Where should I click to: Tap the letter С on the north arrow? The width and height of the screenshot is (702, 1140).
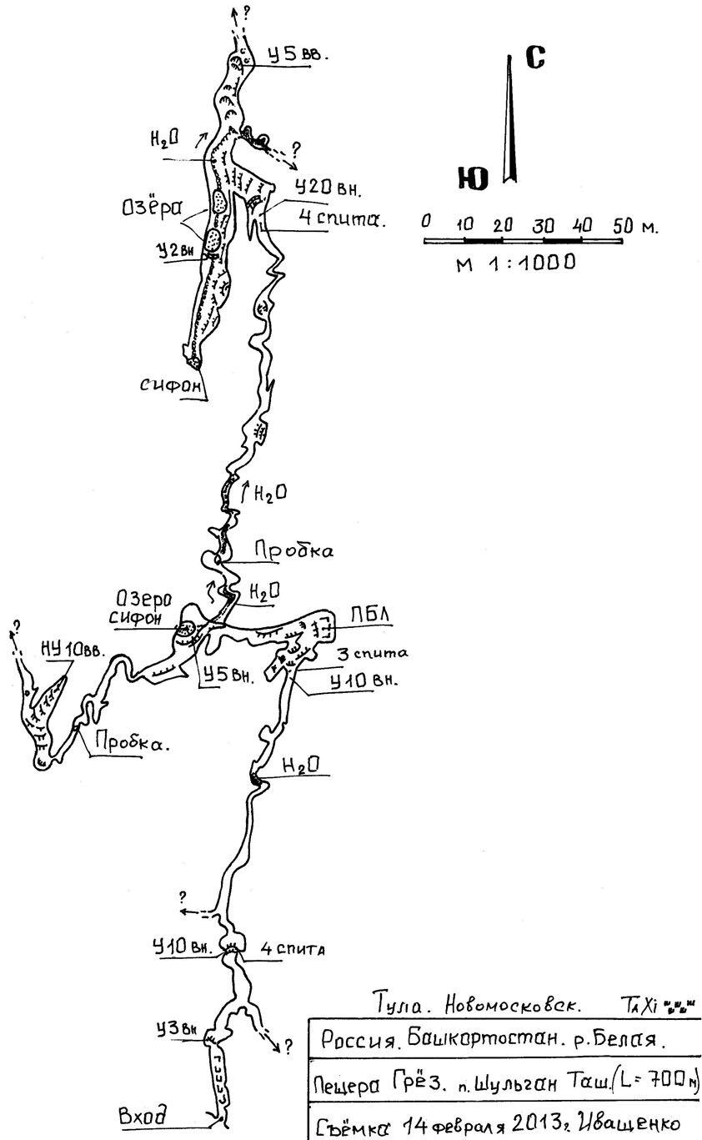coord(536,58)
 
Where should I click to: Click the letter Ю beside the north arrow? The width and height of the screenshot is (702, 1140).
coord(473,179)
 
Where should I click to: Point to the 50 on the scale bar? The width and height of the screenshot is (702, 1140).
coord(620,225)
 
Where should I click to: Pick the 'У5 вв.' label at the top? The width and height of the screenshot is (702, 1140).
coord(298,56)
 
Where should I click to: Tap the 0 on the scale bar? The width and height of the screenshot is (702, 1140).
coord(425,223)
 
